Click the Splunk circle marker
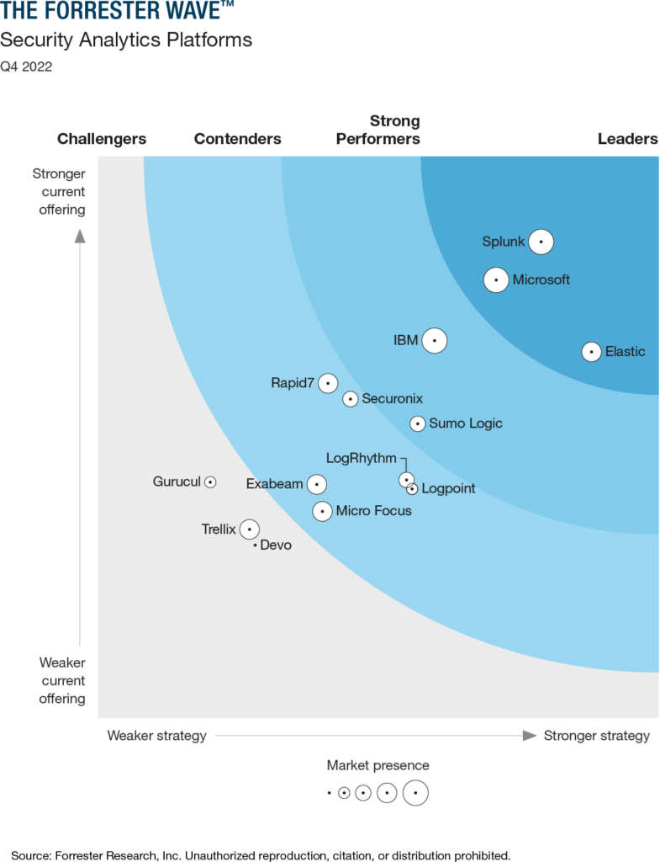tap(541, 242)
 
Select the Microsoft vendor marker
tap(496, 279)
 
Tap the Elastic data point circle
tap(592, 352)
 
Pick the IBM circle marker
tap(435, 340)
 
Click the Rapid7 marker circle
tap(328, 383)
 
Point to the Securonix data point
tap(351, 399)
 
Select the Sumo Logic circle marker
tap(418, 423)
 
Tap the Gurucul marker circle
tap(210, 482)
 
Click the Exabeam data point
tap(316, 484)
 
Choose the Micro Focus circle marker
tap(322, 511)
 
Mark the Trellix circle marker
tap(249, 529)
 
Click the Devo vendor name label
tap(276, 545)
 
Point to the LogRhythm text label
tap(361, 458)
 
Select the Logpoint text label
tap(448, 488)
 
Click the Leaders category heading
tap(627, 139)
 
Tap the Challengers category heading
tap(102, 139)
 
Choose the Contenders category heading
tap(238, 139)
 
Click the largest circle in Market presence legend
tap(415, 793)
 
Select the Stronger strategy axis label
tap(597, 736)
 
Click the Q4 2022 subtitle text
tap(26, 67)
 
